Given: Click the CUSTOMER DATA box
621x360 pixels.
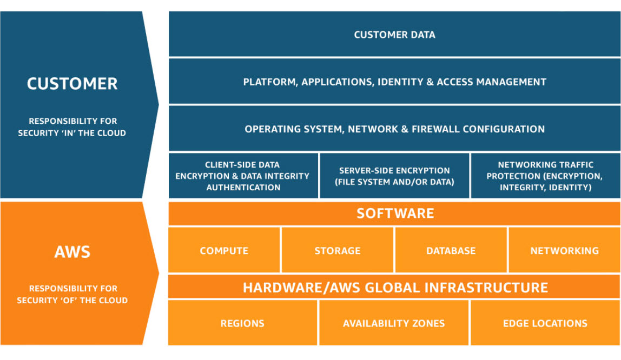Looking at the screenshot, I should click(394, 35).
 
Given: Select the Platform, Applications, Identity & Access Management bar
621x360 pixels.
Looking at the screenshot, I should click(394, 82).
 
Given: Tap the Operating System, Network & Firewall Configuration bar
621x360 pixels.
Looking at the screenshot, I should click(394, 129).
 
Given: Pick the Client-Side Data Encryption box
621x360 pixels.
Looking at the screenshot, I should click(243, 176).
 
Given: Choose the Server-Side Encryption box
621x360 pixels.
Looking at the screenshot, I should click(394, 176).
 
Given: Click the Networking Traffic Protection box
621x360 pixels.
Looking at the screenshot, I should click(545, 176).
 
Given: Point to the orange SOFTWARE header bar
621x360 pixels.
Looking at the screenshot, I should click(394, 213).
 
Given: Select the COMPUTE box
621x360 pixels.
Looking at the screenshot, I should click(224, 251).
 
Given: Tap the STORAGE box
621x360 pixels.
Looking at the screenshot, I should click(338, 251).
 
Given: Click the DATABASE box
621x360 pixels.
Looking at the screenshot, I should click(451, 251).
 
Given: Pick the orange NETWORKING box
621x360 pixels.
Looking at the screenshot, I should click(564, 251).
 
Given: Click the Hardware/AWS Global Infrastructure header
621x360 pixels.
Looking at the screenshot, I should click(394, 287).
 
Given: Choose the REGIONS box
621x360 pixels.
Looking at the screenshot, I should click(242, 323).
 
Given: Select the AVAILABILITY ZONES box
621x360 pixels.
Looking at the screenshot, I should click(394, 323).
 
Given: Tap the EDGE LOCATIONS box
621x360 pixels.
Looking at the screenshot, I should click(545, 323).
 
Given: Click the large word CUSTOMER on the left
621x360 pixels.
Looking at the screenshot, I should click(72, 84).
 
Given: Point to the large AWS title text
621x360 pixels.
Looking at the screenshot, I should click(72, 252).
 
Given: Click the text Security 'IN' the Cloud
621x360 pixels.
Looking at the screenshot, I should click(72, 133).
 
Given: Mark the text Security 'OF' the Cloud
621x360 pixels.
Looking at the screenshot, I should click(72, 301).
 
